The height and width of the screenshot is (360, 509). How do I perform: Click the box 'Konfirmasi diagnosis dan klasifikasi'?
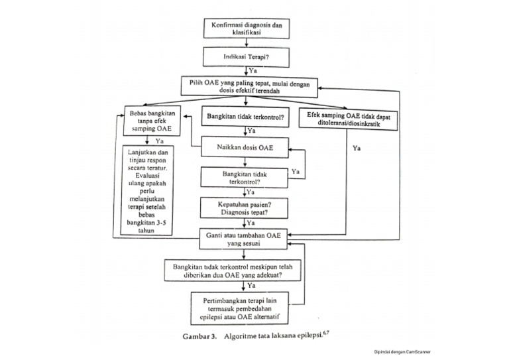click(x=246, y=29)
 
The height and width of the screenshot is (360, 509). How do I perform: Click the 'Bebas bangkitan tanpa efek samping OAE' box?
click(x=152, y=121)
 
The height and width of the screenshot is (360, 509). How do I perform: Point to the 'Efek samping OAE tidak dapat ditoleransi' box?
click(x=349, y=119)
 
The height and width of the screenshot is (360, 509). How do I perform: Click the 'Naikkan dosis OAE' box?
click(x=246, y=147)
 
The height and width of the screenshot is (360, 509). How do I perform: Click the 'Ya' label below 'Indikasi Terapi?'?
click(x=253, y=70)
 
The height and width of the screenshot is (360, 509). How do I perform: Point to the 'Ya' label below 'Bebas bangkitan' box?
click(x=160, y=141)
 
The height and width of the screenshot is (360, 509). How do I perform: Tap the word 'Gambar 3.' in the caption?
click(x=201, y=336)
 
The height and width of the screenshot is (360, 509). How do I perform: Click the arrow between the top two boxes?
click(x=246, y=43)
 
